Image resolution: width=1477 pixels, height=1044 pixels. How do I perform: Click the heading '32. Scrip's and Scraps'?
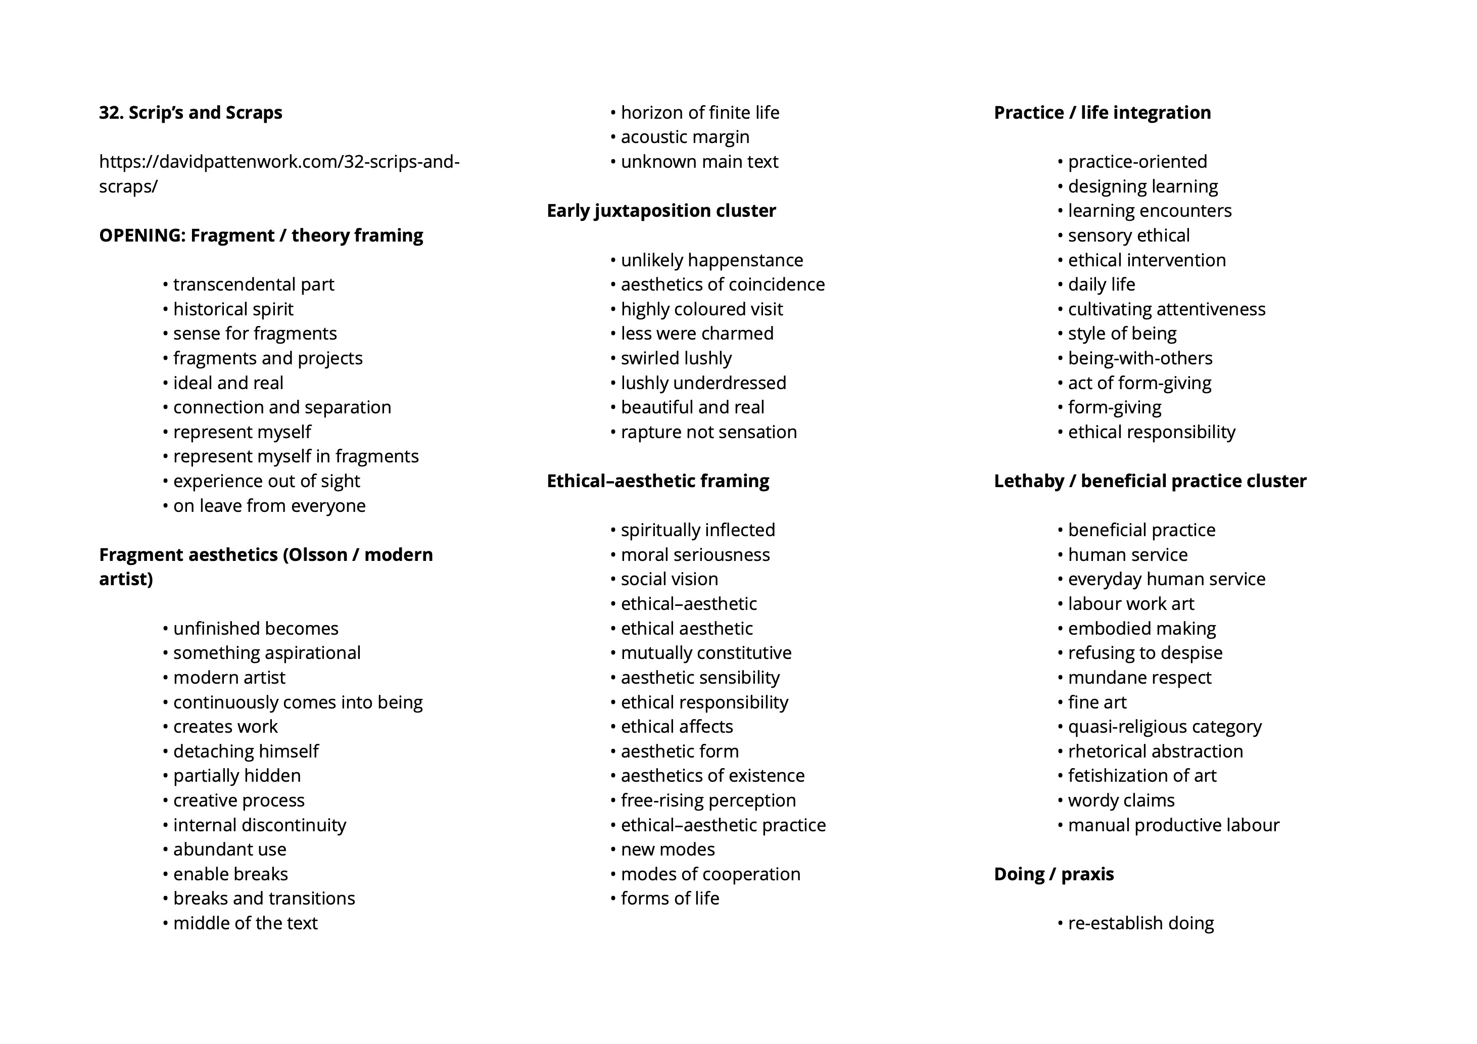(x=190, y=113)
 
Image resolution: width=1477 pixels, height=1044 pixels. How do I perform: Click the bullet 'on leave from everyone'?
(x=269, y=506)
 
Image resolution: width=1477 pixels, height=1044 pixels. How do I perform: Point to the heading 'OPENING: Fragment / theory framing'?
(x=261, y=235)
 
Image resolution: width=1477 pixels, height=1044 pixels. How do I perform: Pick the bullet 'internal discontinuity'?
(x=259, y=825)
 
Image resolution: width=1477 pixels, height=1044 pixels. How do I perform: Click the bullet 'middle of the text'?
(x=245, y=923)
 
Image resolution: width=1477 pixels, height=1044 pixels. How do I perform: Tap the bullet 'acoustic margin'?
(x=685, y=137)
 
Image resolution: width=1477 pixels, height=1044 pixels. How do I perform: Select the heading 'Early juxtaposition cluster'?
(x=660, y=211)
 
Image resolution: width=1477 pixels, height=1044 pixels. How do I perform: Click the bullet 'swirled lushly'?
(x=676, y=358)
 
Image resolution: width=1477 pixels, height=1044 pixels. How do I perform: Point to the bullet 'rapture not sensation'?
(x=708, y=432)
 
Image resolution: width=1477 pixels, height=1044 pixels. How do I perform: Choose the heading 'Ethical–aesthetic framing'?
(x=657, y=481)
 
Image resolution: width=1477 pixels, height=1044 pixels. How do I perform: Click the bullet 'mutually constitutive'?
(x=706, y=653)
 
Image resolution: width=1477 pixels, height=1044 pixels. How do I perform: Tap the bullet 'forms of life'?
(x=670, y=898)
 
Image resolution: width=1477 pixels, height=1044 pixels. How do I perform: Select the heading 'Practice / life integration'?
(x=1102, y=113)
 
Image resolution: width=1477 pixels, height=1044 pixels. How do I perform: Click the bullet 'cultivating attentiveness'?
(x=1166, y=309)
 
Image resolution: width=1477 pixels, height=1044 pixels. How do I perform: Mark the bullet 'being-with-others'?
(x=1140, y=358)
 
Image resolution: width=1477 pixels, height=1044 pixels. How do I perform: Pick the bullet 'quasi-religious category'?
(x=1164, y=727)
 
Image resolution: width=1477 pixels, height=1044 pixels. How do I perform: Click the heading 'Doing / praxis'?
(x=1054, y=874)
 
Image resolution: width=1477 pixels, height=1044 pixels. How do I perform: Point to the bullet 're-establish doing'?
(x=1140, y=923)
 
